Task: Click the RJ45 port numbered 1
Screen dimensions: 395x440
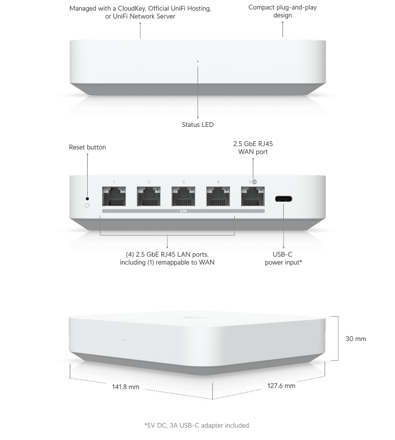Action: click(x=114, y=196)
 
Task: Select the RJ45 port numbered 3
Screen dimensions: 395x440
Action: click(x=183, y=196)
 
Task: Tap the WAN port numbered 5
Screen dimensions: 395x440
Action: click(x=253, y=196)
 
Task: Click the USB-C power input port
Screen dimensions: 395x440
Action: click(x=283, y=199)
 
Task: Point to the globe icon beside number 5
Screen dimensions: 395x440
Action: click(x=254, y=182)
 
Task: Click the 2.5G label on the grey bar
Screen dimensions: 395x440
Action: click(x=183, y=211)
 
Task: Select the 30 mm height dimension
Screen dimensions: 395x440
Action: click(x=355, y=339)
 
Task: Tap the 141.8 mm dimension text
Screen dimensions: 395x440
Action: click(x=125, y=387)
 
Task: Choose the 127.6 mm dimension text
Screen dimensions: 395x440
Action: click(x=281, y=386)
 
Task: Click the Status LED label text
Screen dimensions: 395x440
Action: click(x=197, y=124)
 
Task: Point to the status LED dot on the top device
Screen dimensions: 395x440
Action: click(x=197, y=61)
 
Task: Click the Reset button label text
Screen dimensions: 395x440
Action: click(x=87, y=147)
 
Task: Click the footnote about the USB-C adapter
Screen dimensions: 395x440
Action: click(x=197, y=425)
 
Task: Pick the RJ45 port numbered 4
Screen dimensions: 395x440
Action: click(x=218, y=196)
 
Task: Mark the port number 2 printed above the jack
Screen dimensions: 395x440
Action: click(x=148, y=182)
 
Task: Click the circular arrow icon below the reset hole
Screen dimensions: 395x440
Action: click(x=87, y=206)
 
